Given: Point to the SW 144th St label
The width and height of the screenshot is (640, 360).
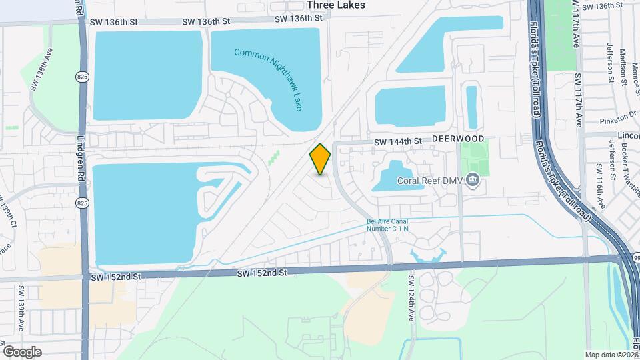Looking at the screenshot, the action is pyautogui.click(x=398, y=141).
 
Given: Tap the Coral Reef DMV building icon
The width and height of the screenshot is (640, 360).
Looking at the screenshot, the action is pyautogui.click(x=473, y=179).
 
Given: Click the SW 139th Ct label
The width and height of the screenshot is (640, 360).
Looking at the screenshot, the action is pyautogui.click(x=8, y=211).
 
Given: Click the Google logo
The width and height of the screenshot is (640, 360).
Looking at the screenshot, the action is pyautogui.click(x=22, y=351).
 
